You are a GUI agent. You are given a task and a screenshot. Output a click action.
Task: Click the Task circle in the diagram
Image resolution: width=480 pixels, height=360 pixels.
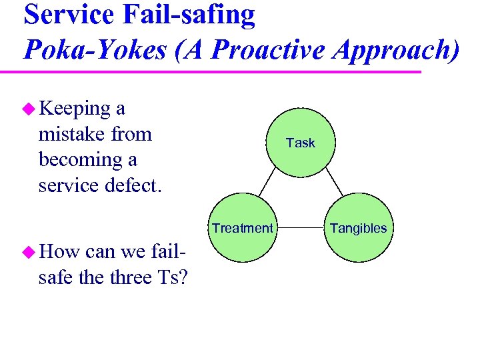[300, 143]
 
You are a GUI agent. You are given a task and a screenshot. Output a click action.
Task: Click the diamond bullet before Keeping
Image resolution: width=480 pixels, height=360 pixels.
[28, 109]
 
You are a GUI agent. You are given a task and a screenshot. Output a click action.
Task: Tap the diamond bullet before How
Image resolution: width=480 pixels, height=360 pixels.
[28, 252]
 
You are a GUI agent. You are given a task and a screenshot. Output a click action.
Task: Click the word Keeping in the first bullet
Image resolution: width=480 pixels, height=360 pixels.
[74, 109]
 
